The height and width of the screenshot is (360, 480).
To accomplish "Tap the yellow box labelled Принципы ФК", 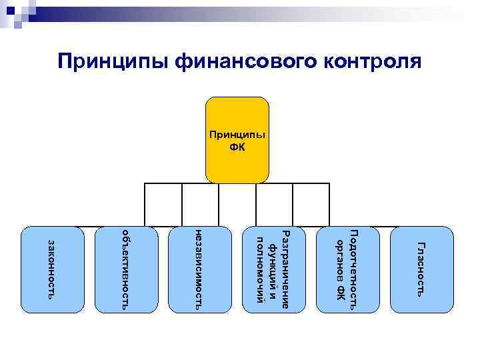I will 237,140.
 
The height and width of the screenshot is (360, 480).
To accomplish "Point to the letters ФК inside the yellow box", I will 237,147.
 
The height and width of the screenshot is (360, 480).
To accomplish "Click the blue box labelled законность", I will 53,270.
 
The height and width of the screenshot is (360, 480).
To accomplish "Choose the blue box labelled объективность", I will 127,270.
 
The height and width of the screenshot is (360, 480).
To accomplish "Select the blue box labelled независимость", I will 201,270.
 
